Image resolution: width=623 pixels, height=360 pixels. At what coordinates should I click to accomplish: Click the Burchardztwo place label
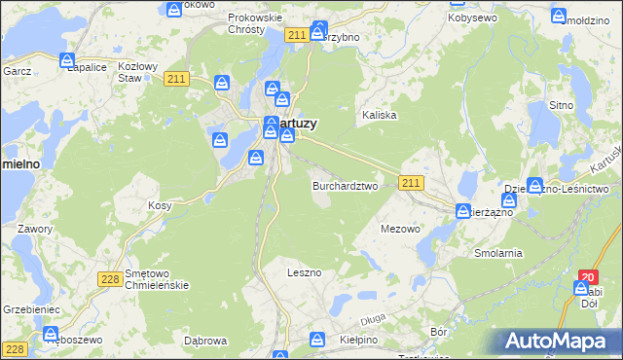pos(345,186)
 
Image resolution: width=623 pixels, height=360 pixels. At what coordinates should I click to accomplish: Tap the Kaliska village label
pos(380,115)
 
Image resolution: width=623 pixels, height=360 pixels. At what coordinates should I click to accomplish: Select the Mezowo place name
pos(400,230)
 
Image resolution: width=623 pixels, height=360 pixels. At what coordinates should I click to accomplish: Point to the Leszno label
pos(304,272)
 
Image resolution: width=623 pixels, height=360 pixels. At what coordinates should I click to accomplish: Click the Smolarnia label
pos(498,253)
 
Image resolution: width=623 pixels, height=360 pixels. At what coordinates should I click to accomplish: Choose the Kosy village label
pos(160,206)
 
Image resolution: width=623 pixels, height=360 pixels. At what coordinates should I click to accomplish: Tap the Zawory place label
pos(34,229)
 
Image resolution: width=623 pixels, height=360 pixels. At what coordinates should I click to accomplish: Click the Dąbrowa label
pos(205,341)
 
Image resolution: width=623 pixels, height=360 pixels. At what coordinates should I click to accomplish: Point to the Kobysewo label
pos(473,18)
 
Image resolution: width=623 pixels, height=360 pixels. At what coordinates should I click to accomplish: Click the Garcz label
pos(17,72)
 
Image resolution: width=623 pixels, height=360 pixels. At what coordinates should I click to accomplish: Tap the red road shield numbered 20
pos(587,277)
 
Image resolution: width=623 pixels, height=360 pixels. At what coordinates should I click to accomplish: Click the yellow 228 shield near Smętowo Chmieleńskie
pos(110,279)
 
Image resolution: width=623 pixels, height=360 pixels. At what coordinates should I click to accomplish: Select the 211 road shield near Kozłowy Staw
pos(176,80)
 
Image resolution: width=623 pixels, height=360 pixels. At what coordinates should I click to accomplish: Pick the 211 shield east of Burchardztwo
pos(411,183)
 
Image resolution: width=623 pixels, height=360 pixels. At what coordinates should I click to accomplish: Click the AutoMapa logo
pos(559,342)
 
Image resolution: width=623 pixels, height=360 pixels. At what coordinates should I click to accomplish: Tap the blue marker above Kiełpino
pos(317,339)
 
